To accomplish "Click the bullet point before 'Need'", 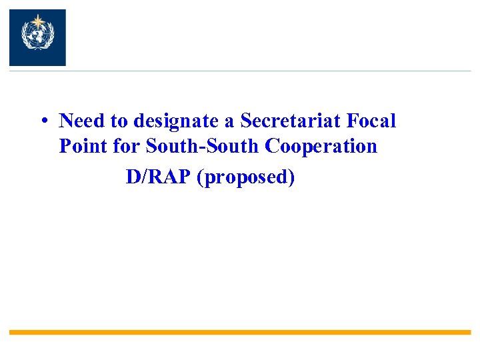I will (42, 122).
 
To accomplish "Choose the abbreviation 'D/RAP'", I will (158, 178).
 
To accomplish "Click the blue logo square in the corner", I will (37, 37).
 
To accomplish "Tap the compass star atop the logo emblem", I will (37, 20).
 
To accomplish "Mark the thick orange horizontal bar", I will (240, 331).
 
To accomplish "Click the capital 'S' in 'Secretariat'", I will (245, 121).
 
